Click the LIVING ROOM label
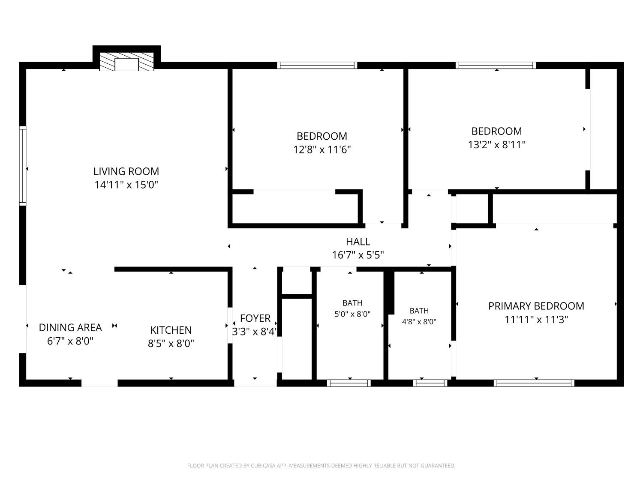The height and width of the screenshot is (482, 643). click(126, 171)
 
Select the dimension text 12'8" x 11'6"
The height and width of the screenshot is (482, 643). click(322, 150)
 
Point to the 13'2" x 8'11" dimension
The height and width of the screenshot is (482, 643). click(496, 144)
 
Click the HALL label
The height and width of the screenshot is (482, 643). click(358, 242)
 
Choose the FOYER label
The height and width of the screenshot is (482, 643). click(255, 318)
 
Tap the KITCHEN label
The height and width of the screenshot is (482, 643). click(171, 330)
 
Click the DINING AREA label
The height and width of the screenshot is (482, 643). click(70, 327)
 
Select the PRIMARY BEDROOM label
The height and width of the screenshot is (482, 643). click(536, 306)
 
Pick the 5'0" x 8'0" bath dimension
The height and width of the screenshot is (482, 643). click(352, 314)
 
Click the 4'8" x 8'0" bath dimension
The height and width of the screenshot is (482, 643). click(419, 322)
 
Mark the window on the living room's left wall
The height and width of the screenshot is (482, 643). click(23, 166)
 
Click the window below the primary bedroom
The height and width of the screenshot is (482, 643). click(534, 383)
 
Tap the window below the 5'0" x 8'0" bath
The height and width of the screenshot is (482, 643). click(349, 383)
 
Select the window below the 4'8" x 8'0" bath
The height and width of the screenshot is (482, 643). click(430, 383)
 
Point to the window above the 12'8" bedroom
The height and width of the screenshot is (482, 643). click(317, 65)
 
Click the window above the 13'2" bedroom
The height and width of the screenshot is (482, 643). click(496, 65)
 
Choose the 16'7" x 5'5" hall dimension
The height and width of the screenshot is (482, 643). click(358, 255)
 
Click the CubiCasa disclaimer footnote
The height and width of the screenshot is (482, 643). click(321, 465)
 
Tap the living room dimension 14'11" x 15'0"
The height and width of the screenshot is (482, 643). click(126, 185)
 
